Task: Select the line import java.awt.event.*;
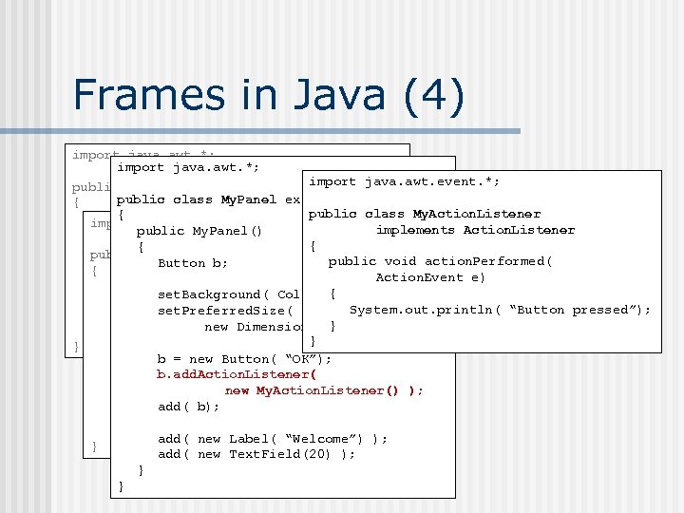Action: tap(405, 181)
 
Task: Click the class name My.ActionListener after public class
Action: tap(476, 214)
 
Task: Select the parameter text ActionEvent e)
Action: tap(430, 277)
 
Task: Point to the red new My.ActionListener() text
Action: tap(324, 390)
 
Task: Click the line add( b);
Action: tap(188, 407)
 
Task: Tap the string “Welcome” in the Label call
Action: tap(319, 438)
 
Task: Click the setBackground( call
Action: tap(218, 294)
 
